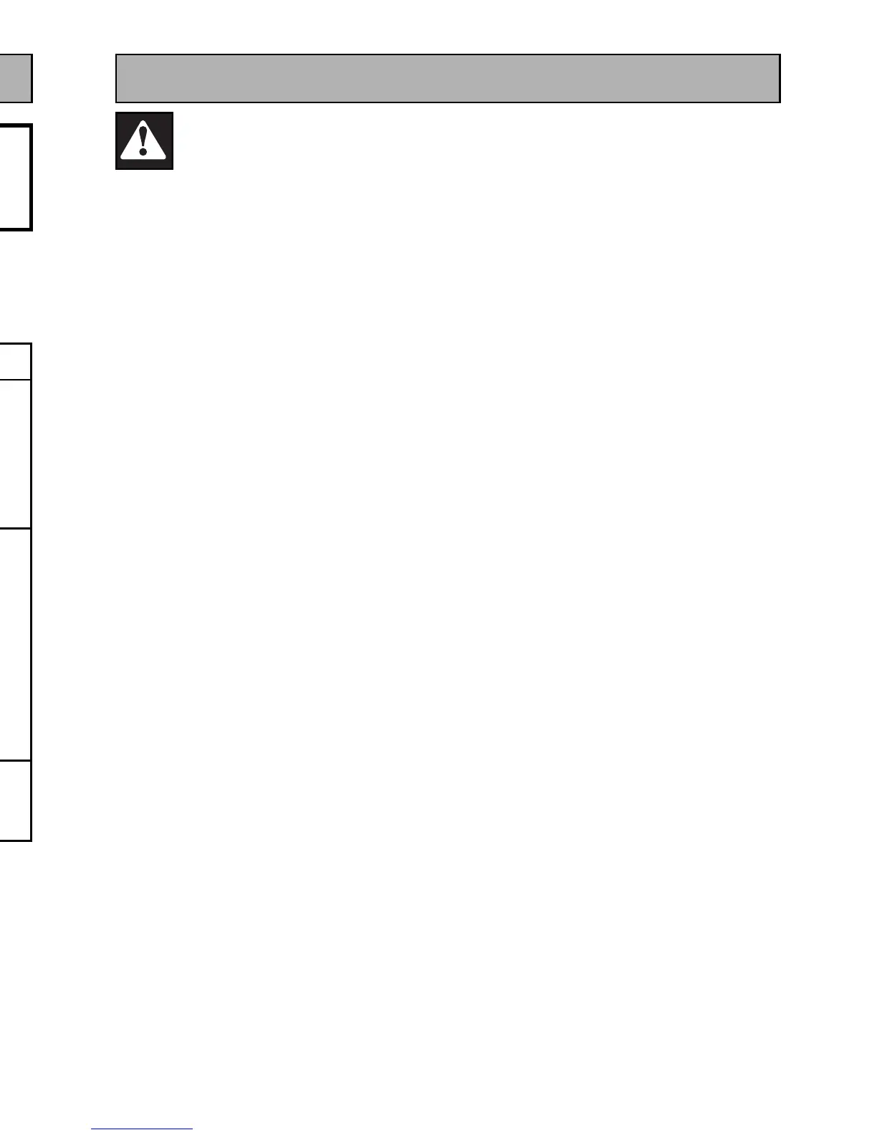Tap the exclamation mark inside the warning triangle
pyautogui.click(x=143, y=138)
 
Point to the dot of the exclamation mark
pyautogui.click(x=143, y=151)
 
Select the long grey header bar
pyautogui.click(x=448, y=78)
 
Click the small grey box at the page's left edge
pyautogui.click(x=15, y=78)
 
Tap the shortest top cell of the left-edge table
pyautogui.click(x=14, y=361)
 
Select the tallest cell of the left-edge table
pyautogui.click(x=14, y=644)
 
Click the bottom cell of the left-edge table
pyautogui.click(x=14, y=800)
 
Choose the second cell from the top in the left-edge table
pyautogui.click(x=14, y=454)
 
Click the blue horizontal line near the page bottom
pyautogui.click(x=142, y=1129)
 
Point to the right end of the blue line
pyautogui.click(x=192, y=1129)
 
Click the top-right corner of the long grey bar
pyautogui.click(x=779, y=55)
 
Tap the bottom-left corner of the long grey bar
pyautogui.click(x=117, y=102)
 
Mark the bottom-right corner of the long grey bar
pyautogui.click(x=779, y=102)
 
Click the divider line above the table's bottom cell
pyautogui.click(x=14, y=760)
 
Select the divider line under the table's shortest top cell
pyautogui.click(x=14, y=380)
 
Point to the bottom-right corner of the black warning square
pyautogui.click(x=172, y=168)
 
